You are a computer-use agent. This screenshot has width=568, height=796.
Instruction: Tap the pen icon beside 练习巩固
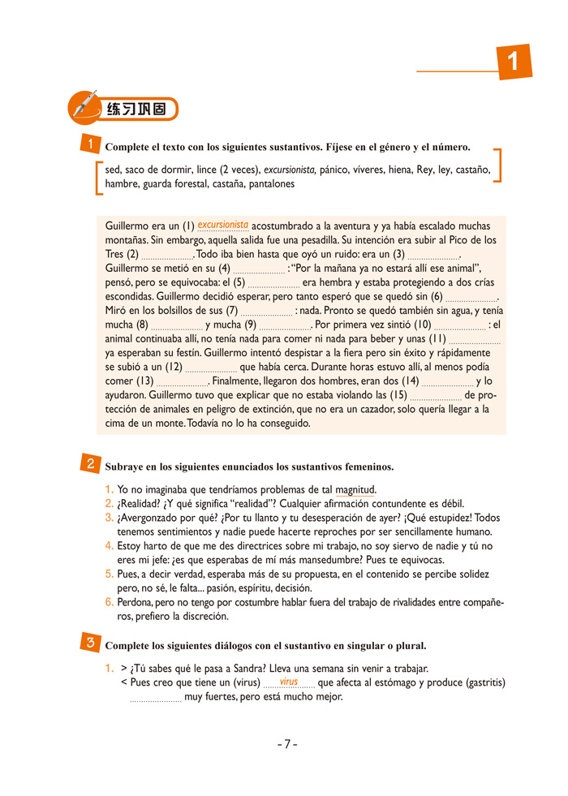[x=84, y=105]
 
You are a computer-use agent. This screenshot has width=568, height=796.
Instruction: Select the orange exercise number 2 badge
[x=91, y=465]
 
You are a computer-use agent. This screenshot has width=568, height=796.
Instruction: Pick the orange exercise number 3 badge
[x=91, y=643]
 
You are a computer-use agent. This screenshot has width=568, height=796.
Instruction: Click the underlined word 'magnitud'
[x=355, y=489]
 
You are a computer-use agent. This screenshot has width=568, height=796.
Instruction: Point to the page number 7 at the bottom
[x=286, y=744]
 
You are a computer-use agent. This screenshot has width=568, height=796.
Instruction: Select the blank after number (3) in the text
[x=432, y=255]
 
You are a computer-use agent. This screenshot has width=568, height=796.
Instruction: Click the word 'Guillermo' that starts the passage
[x=130, y=226]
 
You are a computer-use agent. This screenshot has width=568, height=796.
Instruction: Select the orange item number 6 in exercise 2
[x=109, y=602]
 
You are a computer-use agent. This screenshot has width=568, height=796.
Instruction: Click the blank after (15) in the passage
[x=435, y=395]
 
